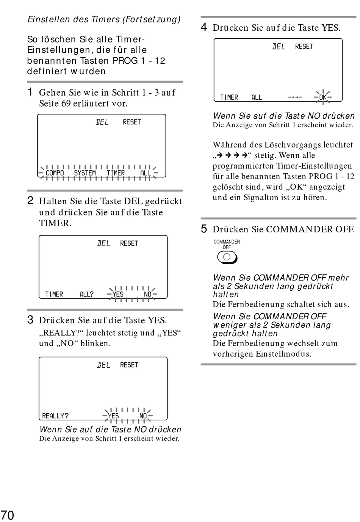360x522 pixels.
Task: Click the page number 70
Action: tap(8, 515)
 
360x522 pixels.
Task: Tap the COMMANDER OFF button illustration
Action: tap(227, 257)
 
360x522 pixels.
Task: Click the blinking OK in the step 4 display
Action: tap(323, 97)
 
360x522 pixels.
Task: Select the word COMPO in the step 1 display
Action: tap(55, 173)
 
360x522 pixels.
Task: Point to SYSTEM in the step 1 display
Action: tap(85, 173)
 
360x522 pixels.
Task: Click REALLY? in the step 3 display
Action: tap(55, 416)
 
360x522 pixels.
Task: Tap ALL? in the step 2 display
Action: tap(86, 294)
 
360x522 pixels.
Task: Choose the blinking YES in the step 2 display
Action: tap(118, 294)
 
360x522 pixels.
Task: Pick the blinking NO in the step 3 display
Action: tap(143, 416)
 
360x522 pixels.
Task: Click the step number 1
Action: tap(30, 92)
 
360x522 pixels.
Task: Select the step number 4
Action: tap(203, 27)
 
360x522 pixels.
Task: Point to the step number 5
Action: tap(203, 229)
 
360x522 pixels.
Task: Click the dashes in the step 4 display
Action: tap(295, 97)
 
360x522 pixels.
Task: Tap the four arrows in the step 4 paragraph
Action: tap(232, 155)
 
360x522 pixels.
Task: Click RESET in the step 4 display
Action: tap(304, 46)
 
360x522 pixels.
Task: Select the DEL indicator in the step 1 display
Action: tap(102, 122)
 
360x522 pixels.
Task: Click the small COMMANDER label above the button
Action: tap(227, 241)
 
